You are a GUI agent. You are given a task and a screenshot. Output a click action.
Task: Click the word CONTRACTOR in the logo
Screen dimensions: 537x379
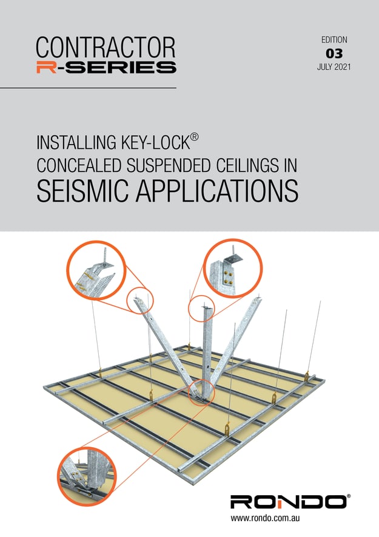click(x=106, y=47)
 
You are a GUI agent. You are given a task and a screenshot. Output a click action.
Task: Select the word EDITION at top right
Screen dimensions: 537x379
click(x=334, y=39)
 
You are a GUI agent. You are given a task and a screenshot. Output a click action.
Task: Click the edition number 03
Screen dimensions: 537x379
click(x=334, y=53)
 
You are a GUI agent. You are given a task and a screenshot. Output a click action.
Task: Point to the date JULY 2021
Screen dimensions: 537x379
click(x=334, y=66)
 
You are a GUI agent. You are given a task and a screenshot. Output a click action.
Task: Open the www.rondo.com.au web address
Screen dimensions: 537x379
click(x=267, y=519)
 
